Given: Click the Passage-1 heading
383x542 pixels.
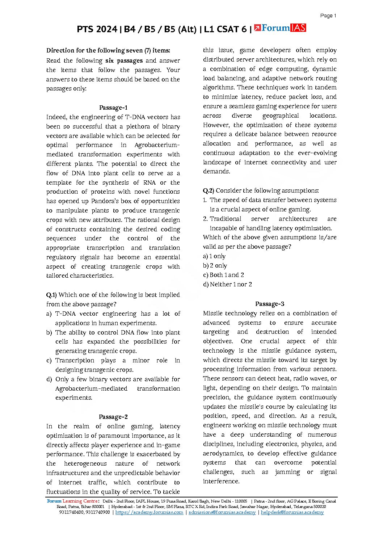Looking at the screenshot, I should click(113, 108).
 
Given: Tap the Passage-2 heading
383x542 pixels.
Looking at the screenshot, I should click(113, 417).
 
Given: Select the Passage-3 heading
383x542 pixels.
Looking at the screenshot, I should click(270, 304).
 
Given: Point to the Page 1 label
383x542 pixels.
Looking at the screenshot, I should click(328, 16).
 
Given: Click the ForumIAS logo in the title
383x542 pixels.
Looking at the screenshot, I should click(280, 28).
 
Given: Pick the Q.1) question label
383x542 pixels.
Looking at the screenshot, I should click(51, 295).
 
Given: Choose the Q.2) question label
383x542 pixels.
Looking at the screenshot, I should click(209, 190).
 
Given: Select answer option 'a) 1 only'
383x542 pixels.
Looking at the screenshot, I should click(214, 256).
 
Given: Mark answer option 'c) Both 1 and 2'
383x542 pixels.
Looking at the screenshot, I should click(223, 275).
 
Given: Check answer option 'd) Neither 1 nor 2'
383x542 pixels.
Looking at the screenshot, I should click(227, 284).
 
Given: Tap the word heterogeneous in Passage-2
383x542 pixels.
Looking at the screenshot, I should click(85, 463).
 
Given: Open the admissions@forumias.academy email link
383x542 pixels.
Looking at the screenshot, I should click(222, 512).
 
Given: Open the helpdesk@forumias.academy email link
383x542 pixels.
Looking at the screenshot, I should click(292, 512).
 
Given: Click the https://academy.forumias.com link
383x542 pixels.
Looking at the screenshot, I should click(149, 512).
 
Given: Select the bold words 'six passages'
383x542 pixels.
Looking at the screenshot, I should click(124, 60).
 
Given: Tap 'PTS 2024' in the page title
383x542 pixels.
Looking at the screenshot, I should click(97, 29).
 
